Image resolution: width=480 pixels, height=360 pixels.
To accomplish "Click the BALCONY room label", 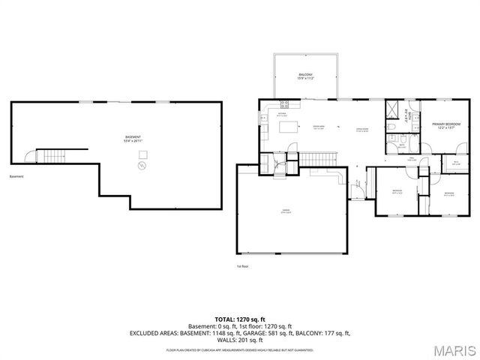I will [305, 76].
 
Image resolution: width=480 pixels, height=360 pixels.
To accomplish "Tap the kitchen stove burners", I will [284, 103].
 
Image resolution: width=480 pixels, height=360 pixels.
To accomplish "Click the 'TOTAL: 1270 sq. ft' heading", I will [239, 319].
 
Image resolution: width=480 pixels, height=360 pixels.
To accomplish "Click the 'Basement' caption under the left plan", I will [16, 177].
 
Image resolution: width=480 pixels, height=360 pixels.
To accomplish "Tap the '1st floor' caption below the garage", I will [242, 265].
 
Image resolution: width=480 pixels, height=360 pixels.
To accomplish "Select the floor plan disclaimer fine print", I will [239, 350].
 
